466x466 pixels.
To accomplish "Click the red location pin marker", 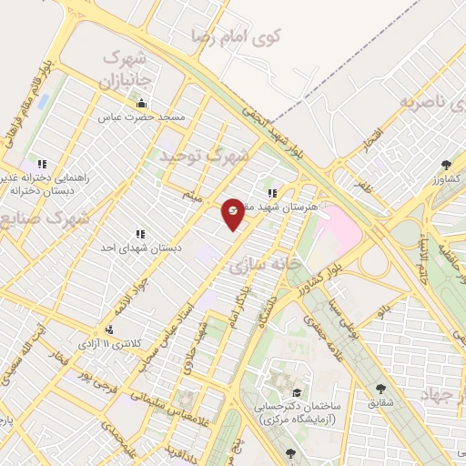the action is click(232, 211).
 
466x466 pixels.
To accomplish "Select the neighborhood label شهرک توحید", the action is click(203, 157).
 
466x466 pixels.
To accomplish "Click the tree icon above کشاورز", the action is click(445, 165).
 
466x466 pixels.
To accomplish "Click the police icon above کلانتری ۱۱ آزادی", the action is click(110, 330).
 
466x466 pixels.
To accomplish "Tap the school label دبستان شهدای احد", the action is click(140, 248).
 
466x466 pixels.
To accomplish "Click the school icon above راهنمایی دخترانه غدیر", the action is click(41, 164).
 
